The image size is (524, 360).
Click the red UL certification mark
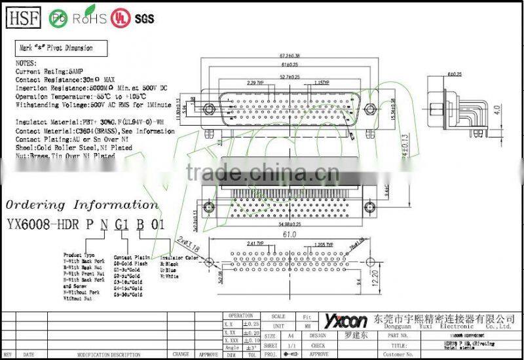click(120, 17)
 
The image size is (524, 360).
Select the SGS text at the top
click(143, 18)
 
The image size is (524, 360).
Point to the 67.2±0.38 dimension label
click(286, 56)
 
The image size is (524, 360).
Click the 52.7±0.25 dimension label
click(288, 77)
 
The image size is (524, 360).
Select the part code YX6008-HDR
click(43, 224)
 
